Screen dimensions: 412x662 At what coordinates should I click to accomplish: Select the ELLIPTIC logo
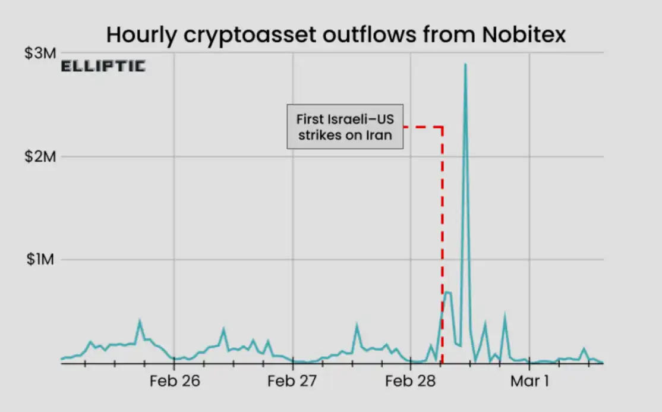click(x=103, y=66)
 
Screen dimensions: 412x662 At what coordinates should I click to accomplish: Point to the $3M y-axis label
click(x=40, y=53)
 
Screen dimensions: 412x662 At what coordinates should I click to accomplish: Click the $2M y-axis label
click(x=40, y=156)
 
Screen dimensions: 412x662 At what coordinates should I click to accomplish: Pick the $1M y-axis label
click(x=40, y=260)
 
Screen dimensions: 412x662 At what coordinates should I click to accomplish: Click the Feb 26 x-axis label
click(x=174, y=381)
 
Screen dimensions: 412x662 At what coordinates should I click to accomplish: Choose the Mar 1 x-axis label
click(x=529, y=381)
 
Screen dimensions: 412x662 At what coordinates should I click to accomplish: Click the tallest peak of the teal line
click(x=465, y=64)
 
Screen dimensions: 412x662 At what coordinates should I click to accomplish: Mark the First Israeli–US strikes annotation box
click(x=345, y=127)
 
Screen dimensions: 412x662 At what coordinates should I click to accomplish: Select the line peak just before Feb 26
click(x=140, y=322)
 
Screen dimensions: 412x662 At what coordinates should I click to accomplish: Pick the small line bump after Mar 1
click(x=584, y=349)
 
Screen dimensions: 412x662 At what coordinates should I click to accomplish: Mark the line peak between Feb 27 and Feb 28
click(x=357, y=325)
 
